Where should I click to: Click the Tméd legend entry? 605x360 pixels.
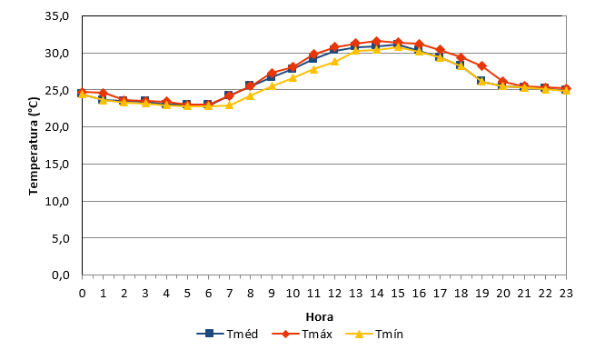pyautogui.click(x=227, y=334)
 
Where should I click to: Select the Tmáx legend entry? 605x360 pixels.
pyautogui.click(x=302, y=334)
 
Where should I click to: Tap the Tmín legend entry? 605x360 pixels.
pyautogui.click(x=374, y=334)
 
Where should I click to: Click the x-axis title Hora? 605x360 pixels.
pyautogui.click(x=320, y=317)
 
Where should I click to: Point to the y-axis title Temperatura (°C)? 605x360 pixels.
pyautogui.click(x=34, y=146)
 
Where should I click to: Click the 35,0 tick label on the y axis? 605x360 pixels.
pyautogui.click(x=57, y=16)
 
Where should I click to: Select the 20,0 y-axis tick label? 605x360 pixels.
pyautogui.click(x=57, y=127)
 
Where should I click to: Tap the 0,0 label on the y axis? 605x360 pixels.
pyautogui.click(x=61, y=275)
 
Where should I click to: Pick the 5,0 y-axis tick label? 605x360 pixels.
pyautogui.click(x=61, y=238)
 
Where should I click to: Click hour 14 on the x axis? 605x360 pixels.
pyautogui.click(x=377, y=294)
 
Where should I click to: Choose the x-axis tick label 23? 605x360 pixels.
pyautogui.click(x=566, y=294)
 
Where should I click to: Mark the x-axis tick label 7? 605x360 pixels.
pyautogui.click(x=229, y=294)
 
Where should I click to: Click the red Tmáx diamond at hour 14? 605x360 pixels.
pyautogui.click(x=377, y=41)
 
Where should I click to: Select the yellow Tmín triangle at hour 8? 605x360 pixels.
pyautogui.click(x=251, y=95)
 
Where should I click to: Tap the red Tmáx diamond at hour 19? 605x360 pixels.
pyautogui.click(x=481, y=66)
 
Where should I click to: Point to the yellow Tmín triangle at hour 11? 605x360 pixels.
pyautogui.click(x=313, y=69)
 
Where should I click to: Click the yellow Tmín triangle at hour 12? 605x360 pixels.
pyautogui.click(x=334, y=62)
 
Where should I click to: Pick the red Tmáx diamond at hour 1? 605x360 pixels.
pyautogui.click(x=103, y=93)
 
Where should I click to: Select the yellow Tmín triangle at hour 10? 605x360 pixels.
pyautogui.click(x=293, y=77)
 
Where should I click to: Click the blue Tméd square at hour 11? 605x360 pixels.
pyautogui.click(x=312, y=59)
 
